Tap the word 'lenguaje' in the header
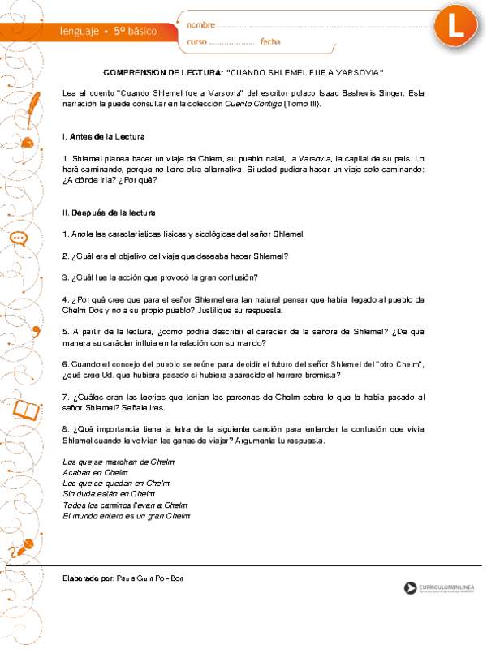coord(77,31)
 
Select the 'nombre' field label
coord(202,24)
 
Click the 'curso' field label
coord(197,41)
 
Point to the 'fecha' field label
coord(271,41)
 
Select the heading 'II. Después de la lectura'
coord(109,213)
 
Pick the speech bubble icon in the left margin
coord(19,239)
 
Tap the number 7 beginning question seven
coord(65,397)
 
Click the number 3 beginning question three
coord(65,277)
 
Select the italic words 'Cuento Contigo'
coord(248,105)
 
